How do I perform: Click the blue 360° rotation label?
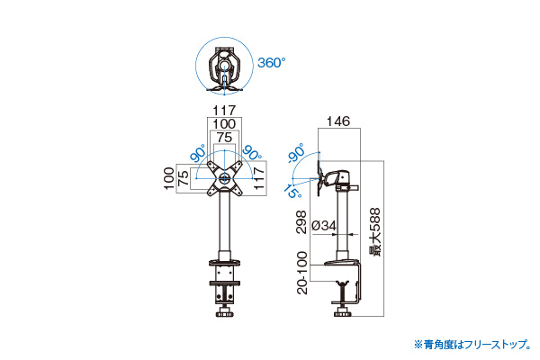(272, 63)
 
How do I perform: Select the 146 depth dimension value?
(338, 121)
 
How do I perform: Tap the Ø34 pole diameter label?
(324, 226)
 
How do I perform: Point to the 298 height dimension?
(301, 222)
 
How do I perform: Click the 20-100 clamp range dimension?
(301, 273)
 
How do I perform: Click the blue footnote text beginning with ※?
(472, 344)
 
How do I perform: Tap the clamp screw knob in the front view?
(224, 314)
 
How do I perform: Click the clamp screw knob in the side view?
(343, 314)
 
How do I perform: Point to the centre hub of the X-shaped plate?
(225, 178)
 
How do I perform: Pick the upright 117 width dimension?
(224, 111)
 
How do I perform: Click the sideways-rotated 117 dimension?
(259, 177)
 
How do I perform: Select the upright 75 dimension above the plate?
(224, 138)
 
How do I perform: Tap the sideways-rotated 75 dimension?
(184, 178)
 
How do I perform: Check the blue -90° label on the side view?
(296, 153)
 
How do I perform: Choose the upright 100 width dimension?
(224, 124)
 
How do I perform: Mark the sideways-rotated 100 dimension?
(169, 178)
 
